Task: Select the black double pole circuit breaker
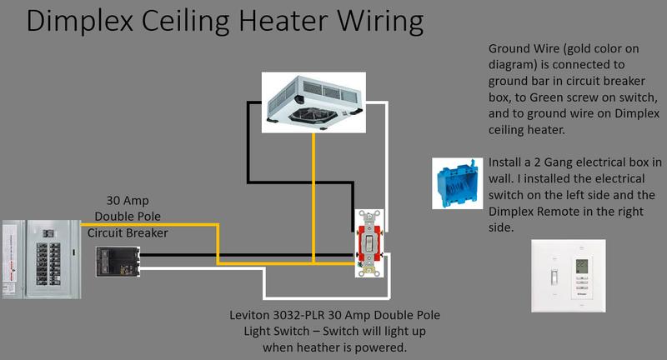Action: tap(113, 260)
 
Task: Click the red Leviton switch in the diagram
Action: tap(367, 241)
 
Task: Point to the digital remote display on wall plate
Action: tap(583, 269)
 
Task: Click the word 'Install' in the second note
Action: tap(507, 162)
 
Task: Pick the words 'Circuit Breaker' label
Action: tap(128, 232)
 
